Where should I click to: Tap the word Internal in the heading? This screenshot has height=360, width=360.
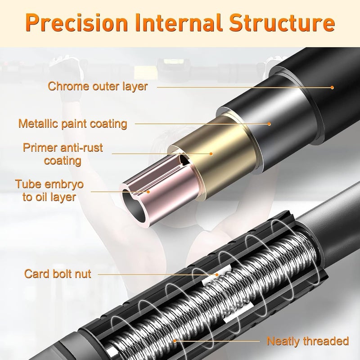click(x=179, y=22)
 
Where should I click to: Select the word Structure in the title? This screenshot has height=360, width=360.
click(x=282, y=22)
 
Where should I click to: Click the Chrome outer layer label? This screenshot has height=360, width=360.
click(x=98, y=86)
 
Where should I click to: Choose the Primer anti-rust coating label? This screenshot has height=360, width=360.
click(x=63, y=154)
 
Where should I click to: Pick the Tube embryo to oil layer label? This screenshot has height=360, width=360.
click(x=49, y=190)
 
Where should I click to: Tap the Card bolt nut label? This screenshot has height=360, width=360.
click(x=58, y=274)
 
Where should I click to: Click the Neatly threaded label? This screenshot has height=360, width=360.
click(x=308, y=341)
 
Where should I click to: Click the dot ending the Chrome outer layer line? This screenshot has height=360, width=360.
click(x=332, y=87)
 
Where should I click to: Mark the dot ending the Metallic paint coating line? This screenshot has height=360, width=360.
click(x=269, y=124)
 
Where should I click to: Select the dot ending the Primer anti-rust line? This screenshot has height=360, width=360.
click(x=211, y=154)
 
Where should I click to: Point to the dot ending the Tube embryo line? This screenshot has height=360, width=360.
click(x=148, y=192)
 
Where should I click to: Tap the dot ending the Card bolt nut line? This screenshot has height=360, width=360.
click(x=217, y=274)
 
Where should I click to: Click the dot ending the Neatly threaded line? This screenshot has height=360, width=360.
click(x=175, y=341)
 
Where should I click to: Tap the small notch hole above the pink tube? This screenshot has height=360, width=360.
click(x=184, y=160)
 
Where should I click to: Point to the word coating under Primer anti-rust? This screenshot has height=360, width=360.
click(x=63, y=161)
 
